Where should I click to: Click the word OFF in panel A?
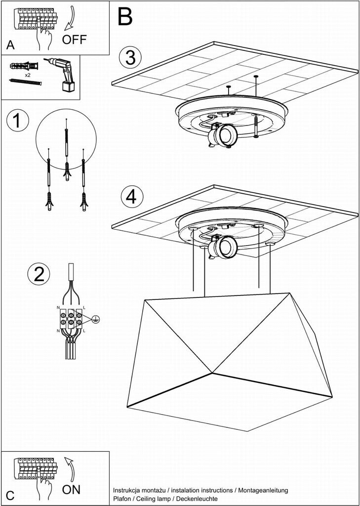pos(75,40)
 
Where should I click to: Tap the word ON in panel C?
pos(71,490)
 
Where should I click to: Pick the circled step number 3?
pos(131,57)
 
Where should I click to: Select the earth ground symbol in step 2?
pos(95,319)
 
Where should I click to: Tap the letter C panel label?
pos(10,496)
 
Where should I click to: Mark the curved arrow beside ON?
pos(71,469)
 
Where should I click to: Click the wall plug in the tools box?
pos(24,66)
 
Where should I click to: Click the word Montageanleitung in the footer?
pos(263,491)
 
